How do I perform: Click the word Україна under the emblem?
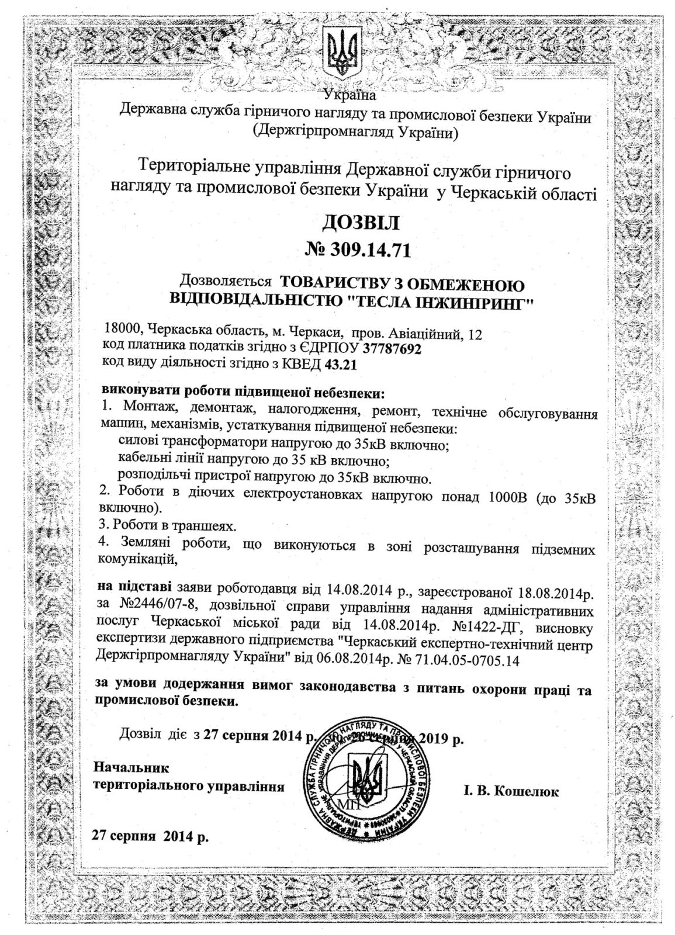click(x=350, y=94)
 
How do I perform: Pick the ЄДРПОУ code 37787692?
click(x=392, y=349)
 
